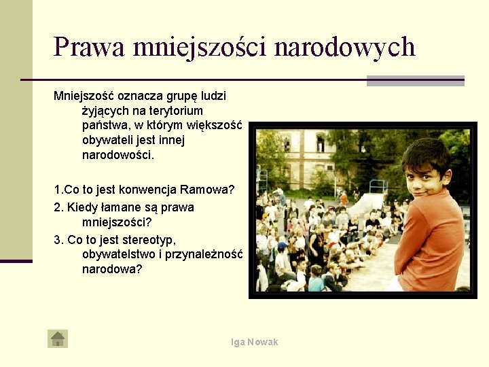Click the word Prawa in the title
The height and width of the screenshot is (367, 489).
click(89, 48)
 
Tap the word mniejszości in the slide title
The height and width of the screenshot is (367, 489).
click(200, 48)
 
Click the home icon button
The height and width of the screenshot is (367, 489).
click(58, 338)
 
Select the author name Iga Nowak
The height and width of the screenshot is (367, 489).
click(255, 342)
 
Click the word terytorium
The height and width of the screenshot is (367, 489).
click(173, 110)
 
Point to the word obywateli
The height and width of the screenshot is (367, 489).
click(108, 140)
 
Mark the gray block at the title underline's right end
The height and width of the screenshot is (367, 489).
click(415, 81)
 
